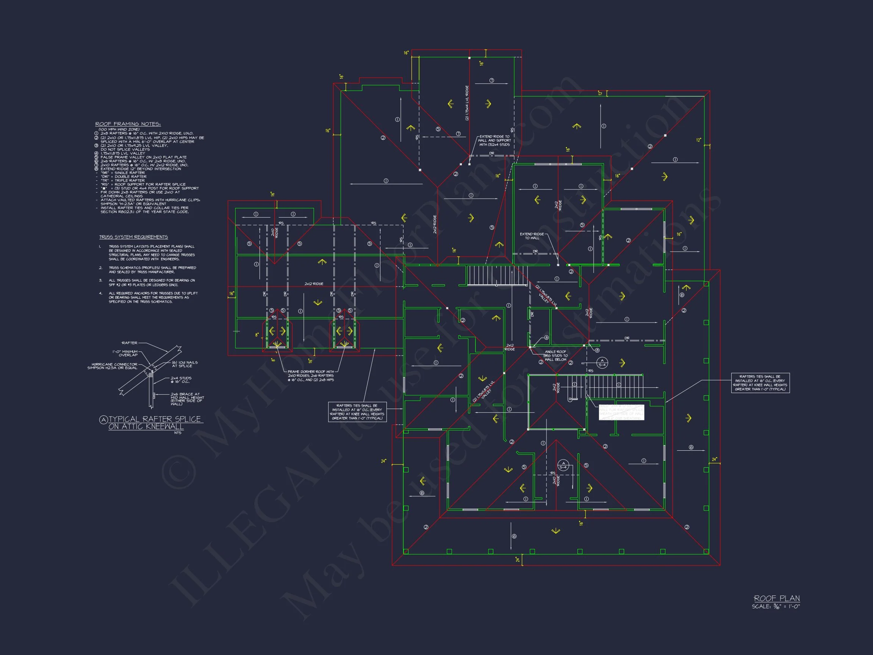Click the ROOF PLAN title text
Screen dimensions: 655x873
tap(777, 599)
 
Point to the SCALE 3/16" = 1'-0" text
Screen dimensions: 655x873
tap(776, 607)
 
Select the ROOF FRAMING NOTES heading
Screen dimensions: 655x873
tap(128, 124)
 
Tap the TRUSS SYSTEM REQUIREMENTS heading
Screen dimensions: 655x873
tap(133, 237)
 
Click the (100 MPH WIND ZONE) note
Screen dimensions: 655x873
tap(119, 130)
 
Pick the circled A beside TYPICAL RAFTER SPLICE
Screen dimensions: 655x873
tap(103, 420)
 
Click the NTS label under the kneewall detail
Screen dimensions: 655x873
tap(178, 433)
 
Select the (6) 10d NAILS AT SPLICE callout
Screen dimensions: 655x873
tap(185, 364)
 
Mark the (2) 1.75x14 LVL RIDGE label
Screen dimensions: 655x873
tap(467, 103)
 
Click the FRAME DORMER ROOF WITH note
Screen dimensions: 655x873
tap(311, 376)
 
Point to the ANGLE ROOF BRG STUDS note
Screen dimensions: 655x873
tap(555, 355)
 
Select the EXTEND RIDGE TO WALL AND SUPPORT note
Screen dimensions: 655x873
tap(494, 141)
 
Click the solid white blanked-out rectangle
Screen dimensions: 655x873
tap(621, 412)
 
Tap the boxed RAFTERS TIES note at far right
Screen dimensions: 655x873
tap(760, 382)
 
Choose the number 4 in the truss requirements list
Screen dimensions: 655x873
tap(101, 293)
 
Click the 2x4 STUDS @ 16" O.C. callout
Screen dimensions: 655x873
tap(181, 380)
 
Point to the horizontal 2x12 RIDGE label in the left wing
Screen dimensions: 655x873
tap(314, 284)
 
